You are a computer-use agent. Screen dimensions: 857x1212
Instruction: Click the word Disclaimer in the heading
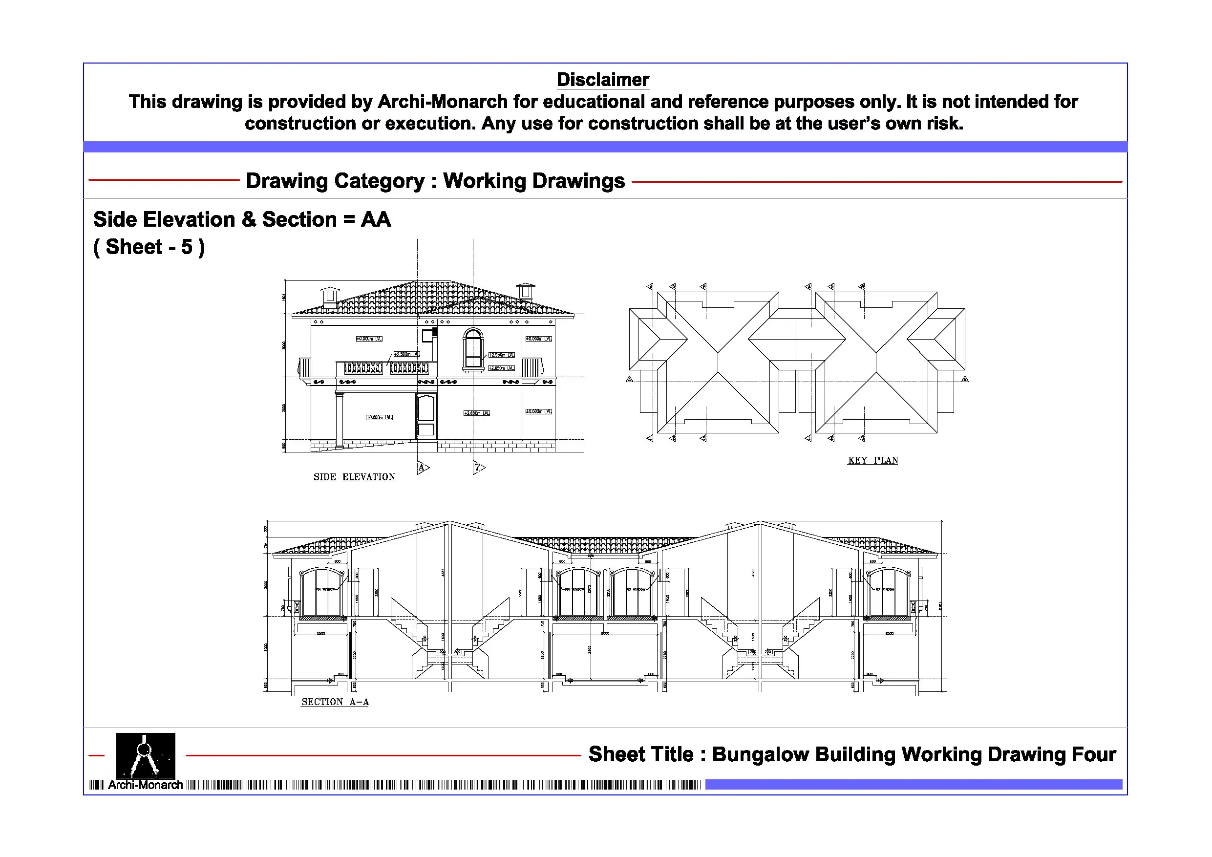pos(602,80)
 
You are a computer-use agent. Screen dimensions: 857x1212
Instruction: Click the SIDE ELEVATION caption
pos(354,477)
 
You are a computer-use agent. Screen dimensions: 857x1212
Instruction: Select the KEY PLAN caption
pos(872,460)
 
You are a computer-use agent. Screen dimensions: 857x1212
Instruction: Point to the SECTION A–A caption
pos(335,702)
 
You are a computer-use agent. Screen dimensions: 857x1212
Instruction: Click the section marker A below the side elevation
pos(422,467)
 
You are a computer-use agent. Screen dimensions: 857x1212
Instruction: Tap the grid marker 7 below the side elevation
pos(478,467)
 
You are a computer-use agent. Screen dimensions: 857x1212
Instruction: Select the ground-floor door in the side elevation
pos(426,415)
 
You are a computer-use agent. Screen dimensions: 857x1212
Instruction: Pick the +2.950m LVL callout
pos(501,355)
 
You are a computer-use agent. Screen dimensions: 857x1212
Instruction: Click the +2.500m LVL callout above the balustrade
pos(406,354)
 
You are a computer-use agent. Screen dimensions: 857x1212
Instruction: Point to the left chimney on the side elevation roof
pos(330,297)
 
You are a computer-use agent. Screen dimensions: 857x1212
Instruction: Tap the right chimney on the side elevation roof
pos(525,290)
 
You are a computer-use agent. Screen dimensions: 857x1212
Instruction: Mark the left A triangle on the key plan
pos(629,379)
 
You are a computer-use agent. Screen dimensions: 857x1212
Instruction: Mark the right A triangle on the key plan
pos(965,379)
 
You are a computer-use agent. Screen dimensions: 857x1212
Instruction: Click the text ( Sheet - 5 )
pos(149,247)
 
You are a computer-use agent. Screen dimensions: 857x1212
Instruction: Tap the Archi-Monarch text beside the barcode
pos(145,785)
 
